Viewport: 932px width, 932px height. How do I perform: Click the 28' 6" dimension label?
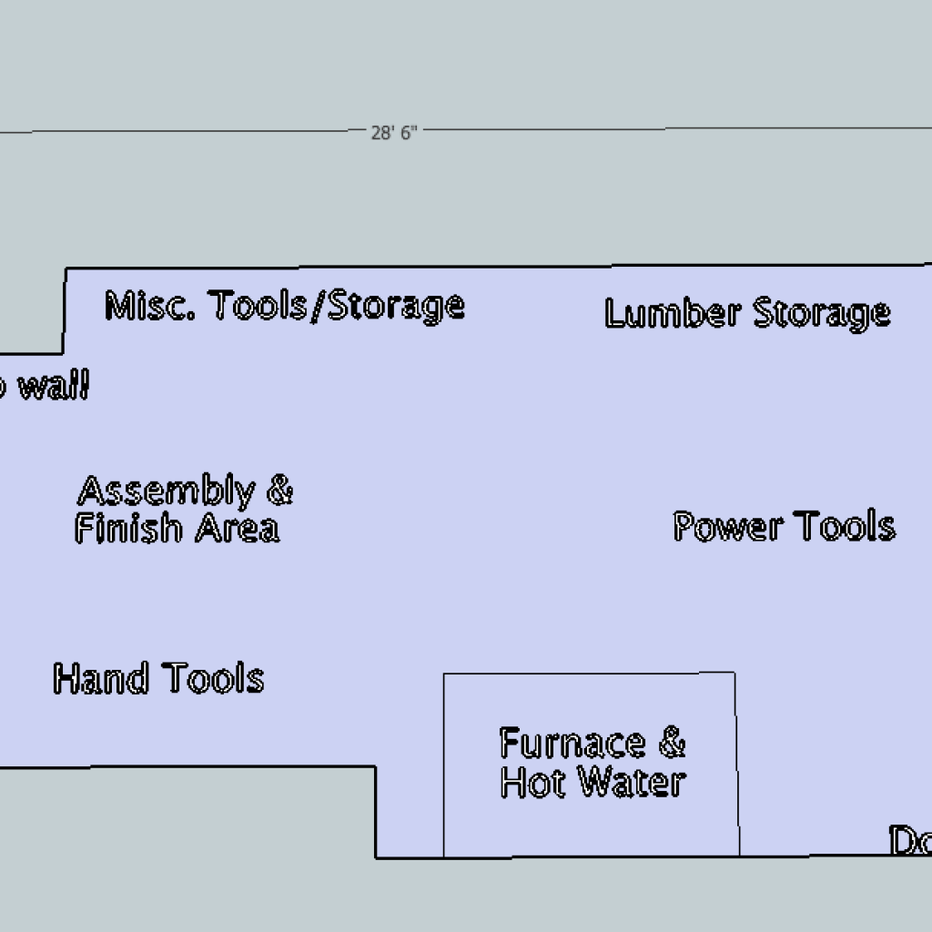click(393, 133)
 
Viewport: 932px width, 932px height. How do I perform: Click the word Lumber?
click(672, 313)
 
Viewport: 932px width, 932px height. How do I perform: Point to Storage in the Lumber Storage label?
click(821, 314)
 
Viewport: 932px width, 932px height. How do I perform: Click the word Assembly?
click(166, 491)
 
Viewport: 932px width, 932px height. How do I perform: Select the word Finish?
click(128, 528)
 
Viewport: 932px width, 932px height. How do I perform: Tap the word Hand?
click(100, 679)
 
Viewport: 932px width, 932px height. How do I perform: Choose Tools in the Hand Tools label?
click(213, 678)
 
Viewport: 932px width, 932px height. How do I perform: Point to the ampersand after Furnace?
click(671, 743)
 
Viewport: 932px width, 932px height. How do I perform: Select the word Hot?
click(532, 782)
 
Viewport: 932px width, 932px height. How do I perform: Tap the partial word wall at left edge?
click(53, 388)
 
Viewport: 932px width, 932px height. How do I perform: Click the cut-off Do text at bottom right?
click(910, 841)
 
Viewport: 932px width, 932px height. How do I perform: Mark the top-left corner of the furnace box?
click(444, 674)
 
